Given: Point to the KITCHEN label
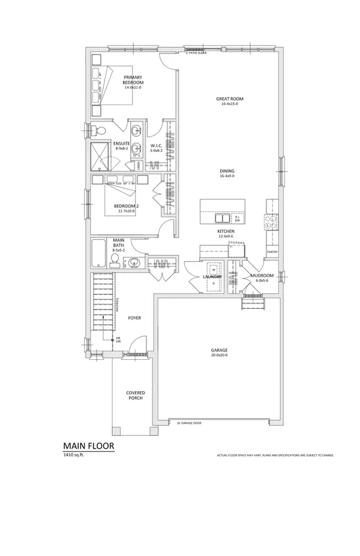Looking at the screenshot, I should [x=226, y=231].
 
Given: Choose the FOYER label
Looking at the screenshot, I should [x=134, y=318].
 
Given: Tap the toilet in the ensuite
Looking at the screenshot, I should [x=99, y=131].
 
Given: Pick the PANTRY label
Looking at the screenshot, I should [x=272, y=253].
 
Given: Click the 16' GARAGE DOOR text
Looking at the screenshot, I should [x=187, y=423].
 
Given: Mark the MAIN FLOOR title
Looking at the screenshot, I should [x=88, y=446].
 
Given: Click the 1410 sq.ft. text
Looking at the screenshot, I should [x=75, y=456].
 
